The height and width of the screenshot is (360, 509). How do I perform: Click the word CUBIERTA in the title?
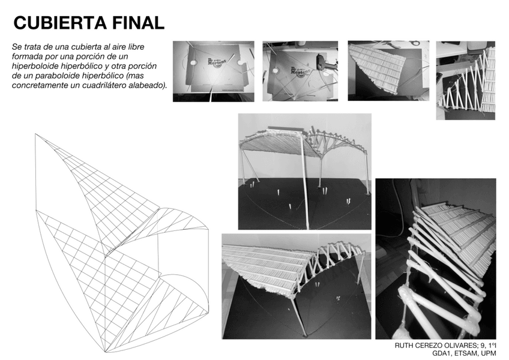[60, 23]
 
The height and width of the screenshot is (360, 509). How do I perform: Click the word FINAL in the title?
[138, 23]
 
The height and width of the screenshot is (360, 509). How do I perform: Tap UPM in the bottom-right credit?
[489, 353]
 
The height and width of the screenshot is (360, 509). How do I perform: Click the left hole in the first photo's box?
[193, 62]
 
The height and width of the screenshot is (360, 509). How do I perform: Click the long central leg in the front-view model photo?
[305, 182]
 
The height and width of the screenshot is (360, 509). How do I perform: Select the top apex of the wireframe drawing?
[35, 133]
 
